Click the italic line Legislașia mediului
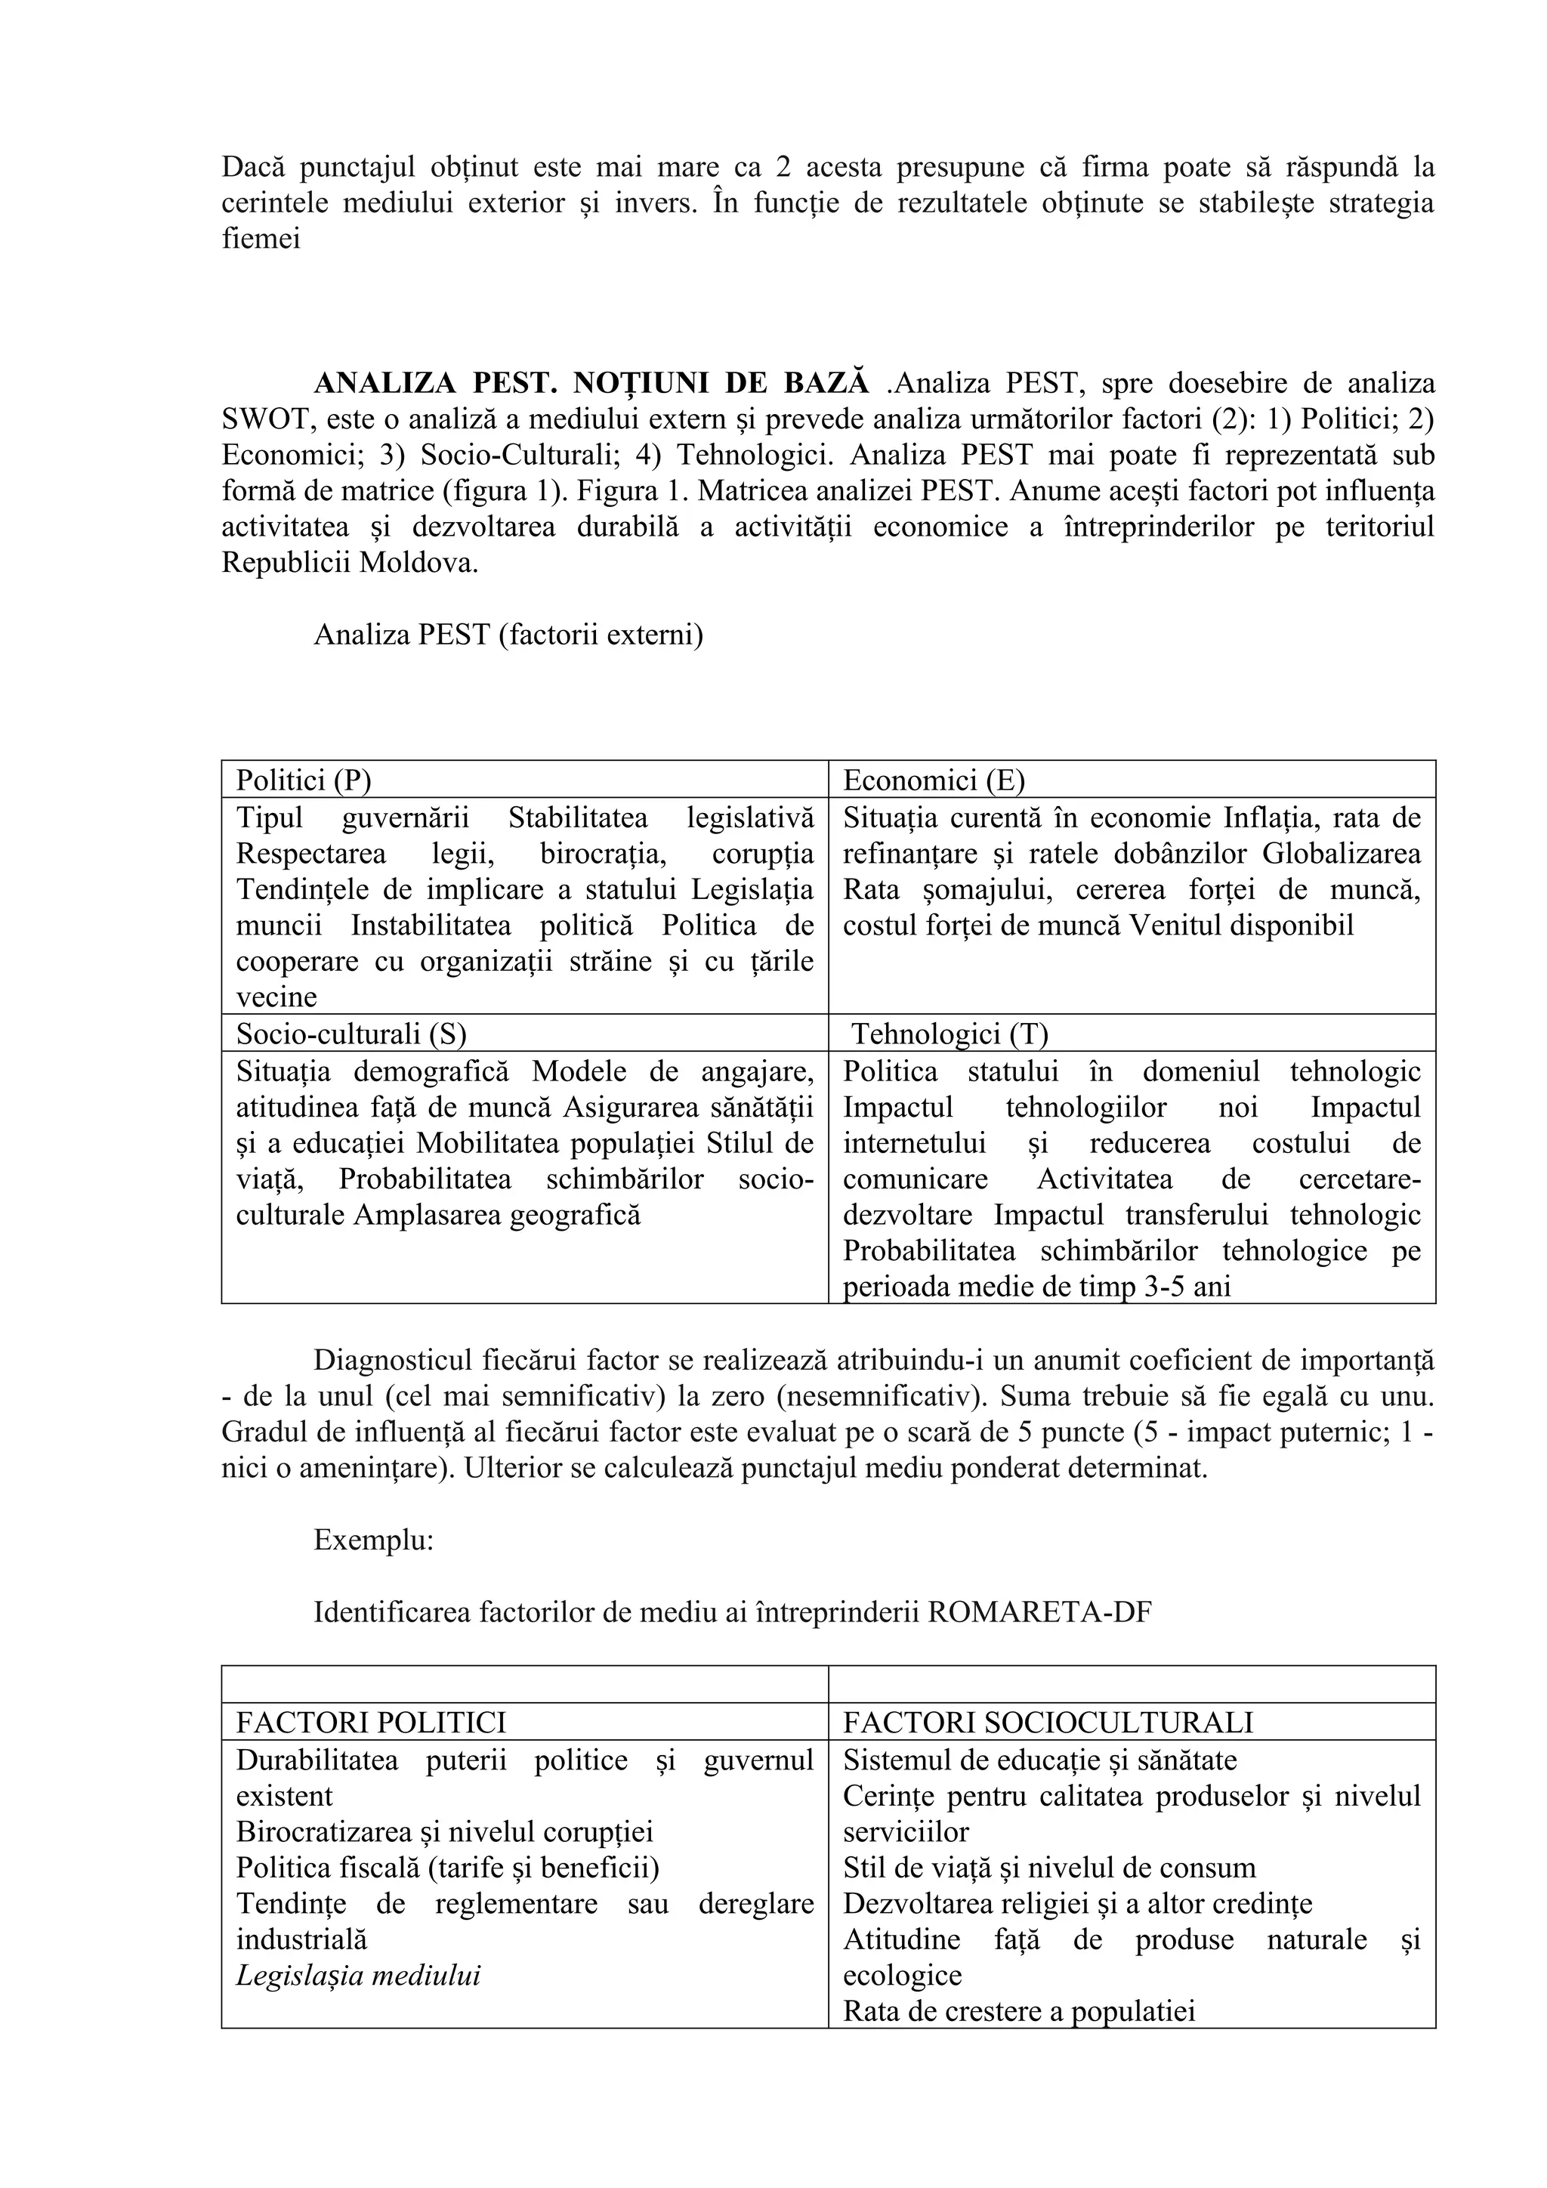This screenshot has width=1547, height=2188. (x=358, y=1976)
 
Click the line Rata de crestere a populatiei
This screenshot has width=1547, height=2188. (x=1018, y=2012)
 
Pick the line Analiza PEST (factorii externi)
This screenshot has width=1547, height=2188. (x=508, y=635)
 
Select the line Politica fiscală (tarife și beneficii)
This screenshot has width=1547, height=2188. (x=448, y=1868)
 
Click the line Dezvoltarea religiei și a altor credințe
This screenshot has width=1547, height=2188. (x=1077, y=1904)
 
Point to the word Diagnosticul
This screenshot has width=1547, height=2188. (x=398, y=1361)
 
